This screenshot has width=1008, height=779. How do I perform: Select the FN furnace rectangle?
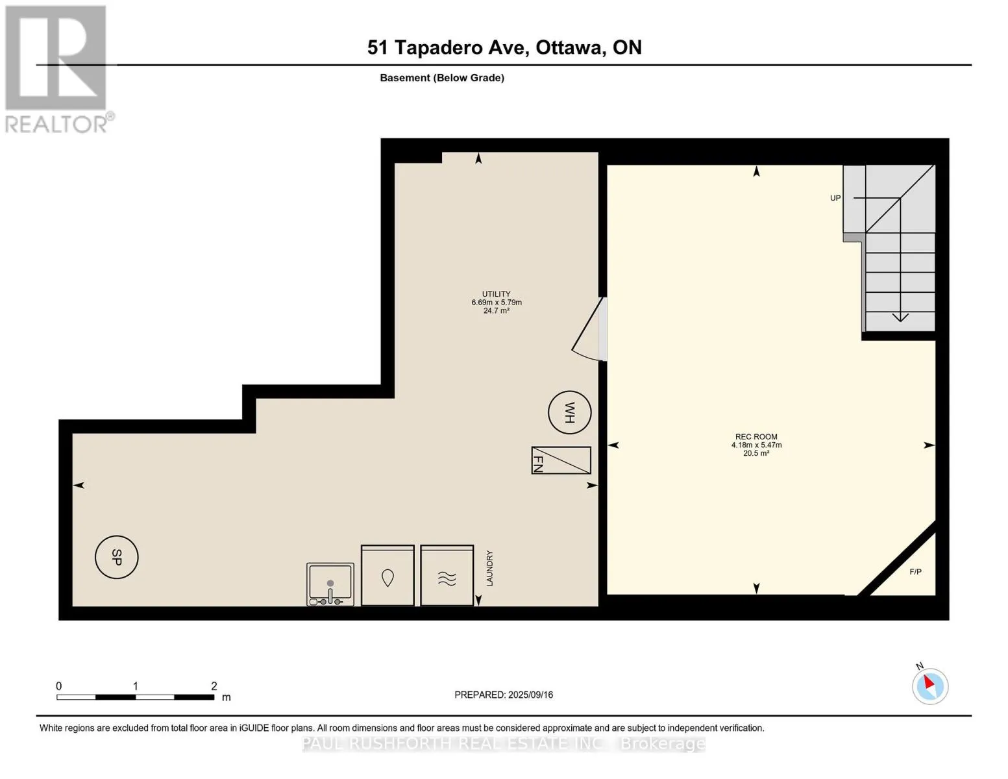coord(561,460)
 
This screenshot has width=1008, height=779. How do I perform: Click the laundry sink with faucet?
coord(330,584)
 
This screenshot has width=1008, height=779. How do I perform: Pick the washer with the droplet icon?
coord(387,575)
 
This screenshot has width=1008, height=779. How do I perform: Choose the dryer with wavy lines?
coord(447,575)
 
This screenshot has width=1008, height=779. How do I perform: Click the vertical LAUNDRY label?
coord(489,569)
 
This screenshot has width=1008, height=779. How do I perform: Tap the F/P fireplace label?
coord(915,572)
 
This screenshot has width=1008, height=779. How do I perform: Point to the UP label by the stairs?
coord(835,198)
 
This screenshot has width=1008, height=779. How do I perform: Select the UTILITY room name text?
coord(497,293)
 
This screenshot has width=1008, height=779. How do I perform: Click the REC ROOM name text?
coord(756,437)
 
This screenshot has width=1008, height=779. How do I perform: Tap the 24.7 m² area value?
coord(497,310)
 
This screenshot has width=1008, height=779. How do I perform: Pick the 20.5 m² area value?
coord(756,453)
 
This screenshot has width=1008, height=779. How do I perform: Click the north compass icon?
coord(930,686)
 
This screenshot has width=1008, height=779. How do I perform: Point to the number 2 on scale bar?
coord(214,686)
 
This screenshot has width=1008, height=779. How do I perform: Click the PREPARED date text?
coord(504,695)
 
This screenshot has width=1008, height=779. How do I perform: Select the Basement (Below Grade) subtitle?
coord(442,78)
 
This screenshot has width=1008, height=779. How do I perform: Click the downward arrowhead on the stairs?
coord(900,317)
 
